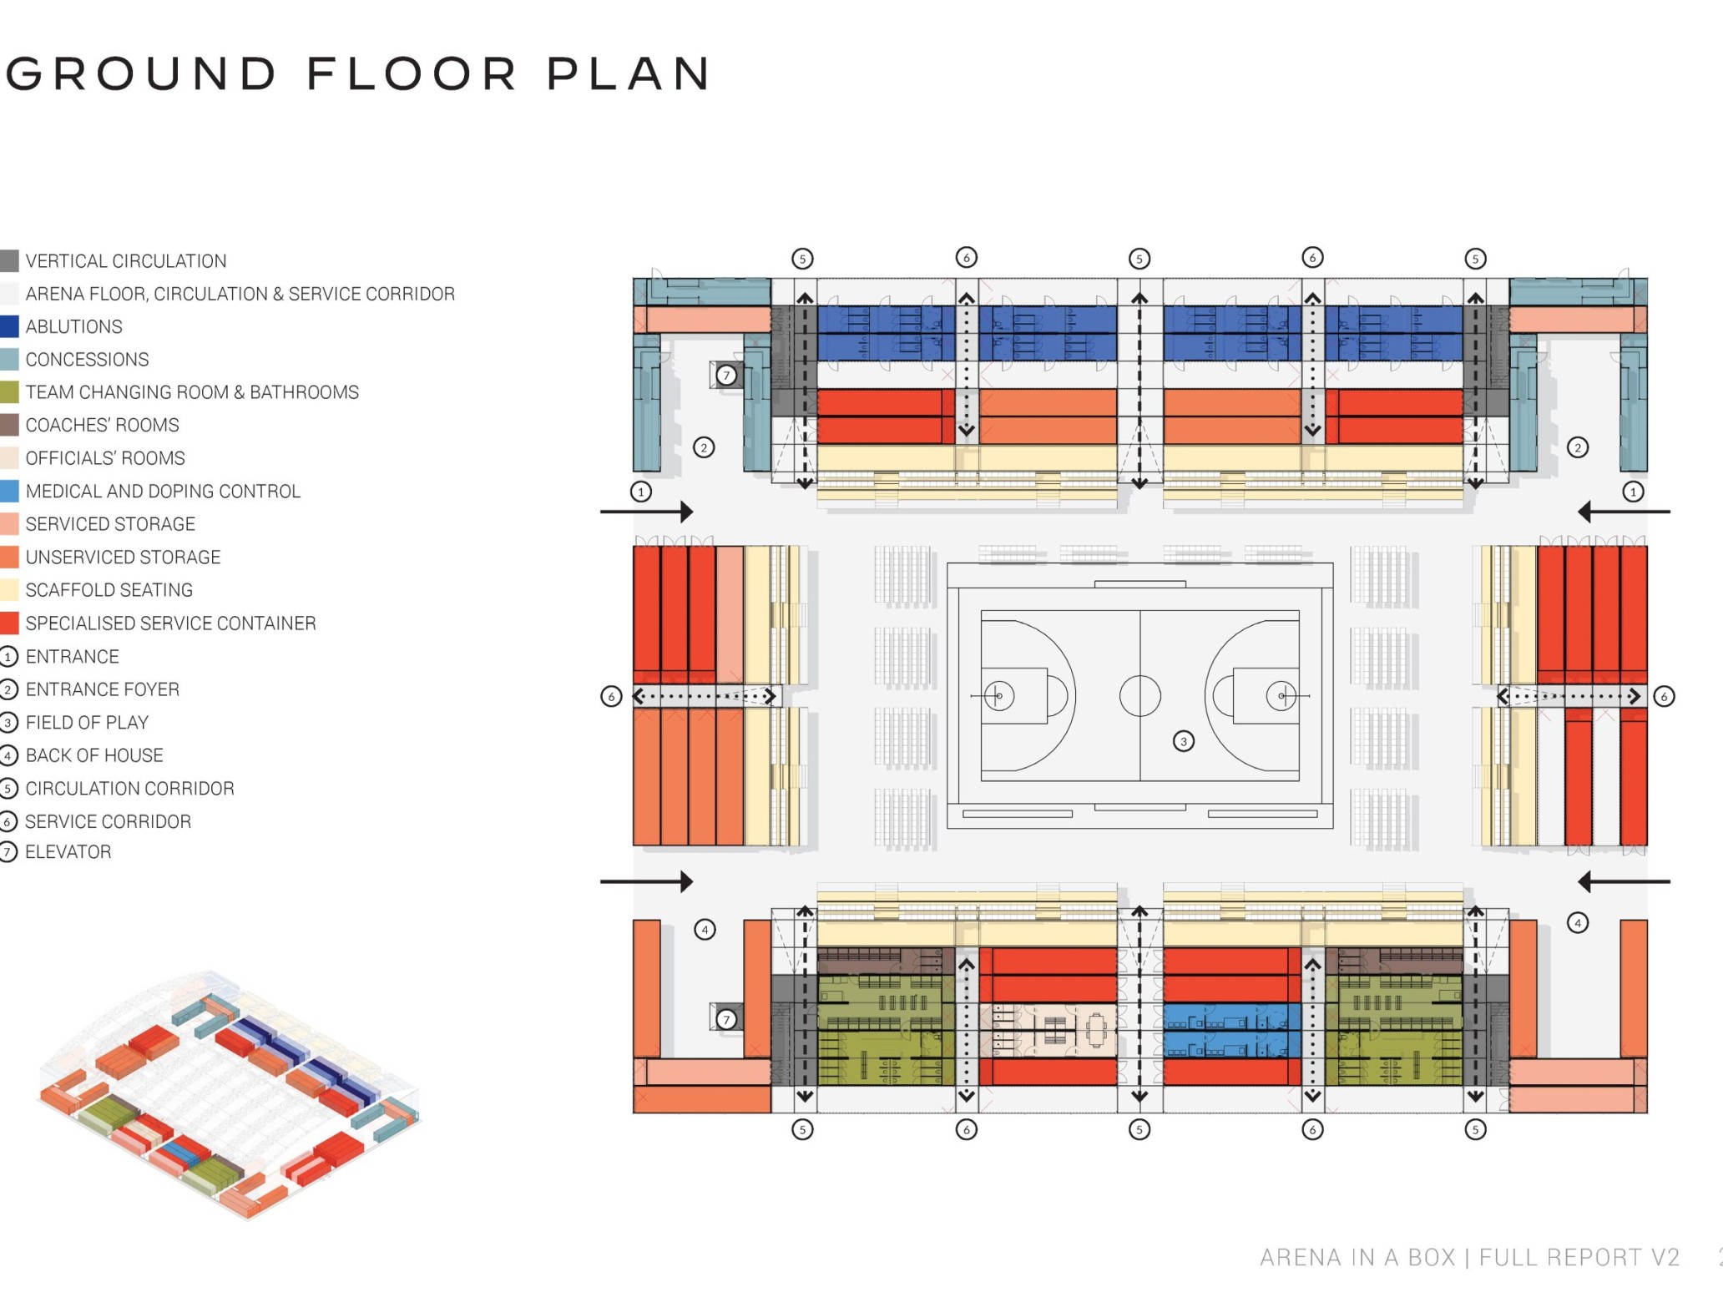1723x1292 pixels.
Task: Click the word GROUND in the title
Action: tap(140, 73)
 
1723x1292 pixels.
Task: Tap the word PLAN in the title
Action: tap(628, 73)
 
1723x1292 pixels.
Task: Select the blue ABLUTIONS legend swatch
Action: tap(9, 326)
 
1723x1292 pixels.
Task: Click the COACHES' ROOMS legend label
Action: tap(102, 425)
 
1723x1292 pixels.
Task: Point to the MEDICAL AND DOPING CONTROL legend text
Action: tap(163, 491)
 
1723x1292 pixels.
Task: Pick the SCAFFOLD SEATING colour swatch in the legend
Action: tap(9, 590)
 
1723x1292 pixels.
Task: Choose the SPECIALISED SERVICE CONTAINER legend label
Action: tap(170, 623)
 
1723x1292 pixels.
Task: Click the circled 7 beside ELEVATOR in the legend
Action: tap(8, 852)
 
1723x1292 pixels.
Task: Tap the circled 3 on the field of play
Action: tap(1183, 741)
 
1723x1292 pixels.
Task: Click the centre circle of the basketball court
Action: tap(1139, 696)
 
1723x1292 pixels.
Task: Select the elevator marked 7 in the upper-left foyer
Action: tap(726, 376)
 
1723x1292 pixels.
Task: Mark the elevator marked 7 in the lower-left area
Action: tap(726, 1018)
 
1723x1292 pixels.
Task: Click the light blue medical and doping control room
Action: tap(1231, 1031)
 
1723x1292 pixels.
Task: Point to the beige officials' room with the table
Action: tap(1048, 1031)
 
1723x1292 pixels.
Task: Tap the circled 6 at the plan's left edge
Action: tap(611, 696)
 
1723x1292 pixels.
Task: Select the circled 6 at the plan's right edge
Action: tap(1664, 696)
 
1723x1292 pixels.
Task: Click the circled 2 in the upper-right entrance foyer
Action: tap(1577, 447)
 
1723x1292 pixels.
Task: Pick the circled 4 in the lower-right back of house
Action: tap(1577, 922)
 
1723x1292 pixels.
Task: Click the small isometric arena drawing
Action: tap(230, 1093)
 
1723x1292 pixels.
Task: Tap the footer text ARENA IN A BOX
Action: tap(1361, 1258)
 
